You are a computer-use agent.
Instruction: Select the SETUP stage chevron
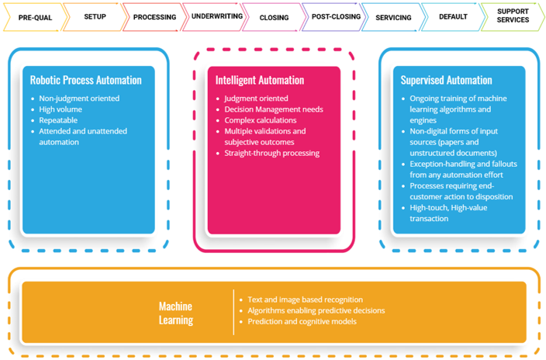point(95,16)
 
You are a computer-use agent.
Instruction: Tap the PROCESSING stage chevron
point(154,17)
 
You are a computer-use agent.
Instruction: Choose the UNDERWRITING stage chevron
point(214,16)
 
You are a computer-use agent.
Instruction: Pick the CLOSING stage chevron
point(274,17)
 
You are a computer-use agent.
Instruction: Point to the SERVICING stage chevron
point(393,17)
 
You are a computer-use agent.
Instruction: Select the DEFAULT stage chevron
point(453,16)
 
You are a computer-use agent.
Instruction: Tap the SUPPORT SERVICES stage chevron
point(513,16)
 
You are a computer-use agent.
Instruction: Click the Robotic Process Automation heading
point(85,80)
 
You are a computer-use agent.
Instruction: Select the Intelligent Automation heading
point(260,80)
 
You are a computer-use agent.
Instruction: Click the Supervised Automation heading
point(446,80)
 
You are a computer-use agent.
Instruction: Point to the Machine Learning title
point(175,313)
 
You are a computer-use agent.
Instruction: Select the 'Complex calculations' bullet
point(260,120)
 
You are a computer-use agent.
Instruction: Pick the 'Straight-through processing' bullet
point(271,153)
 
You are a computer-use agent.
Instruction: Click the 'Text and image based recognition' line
point(305,299)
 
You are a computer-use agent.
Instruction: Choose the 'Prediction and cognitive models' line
point(302,321)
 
